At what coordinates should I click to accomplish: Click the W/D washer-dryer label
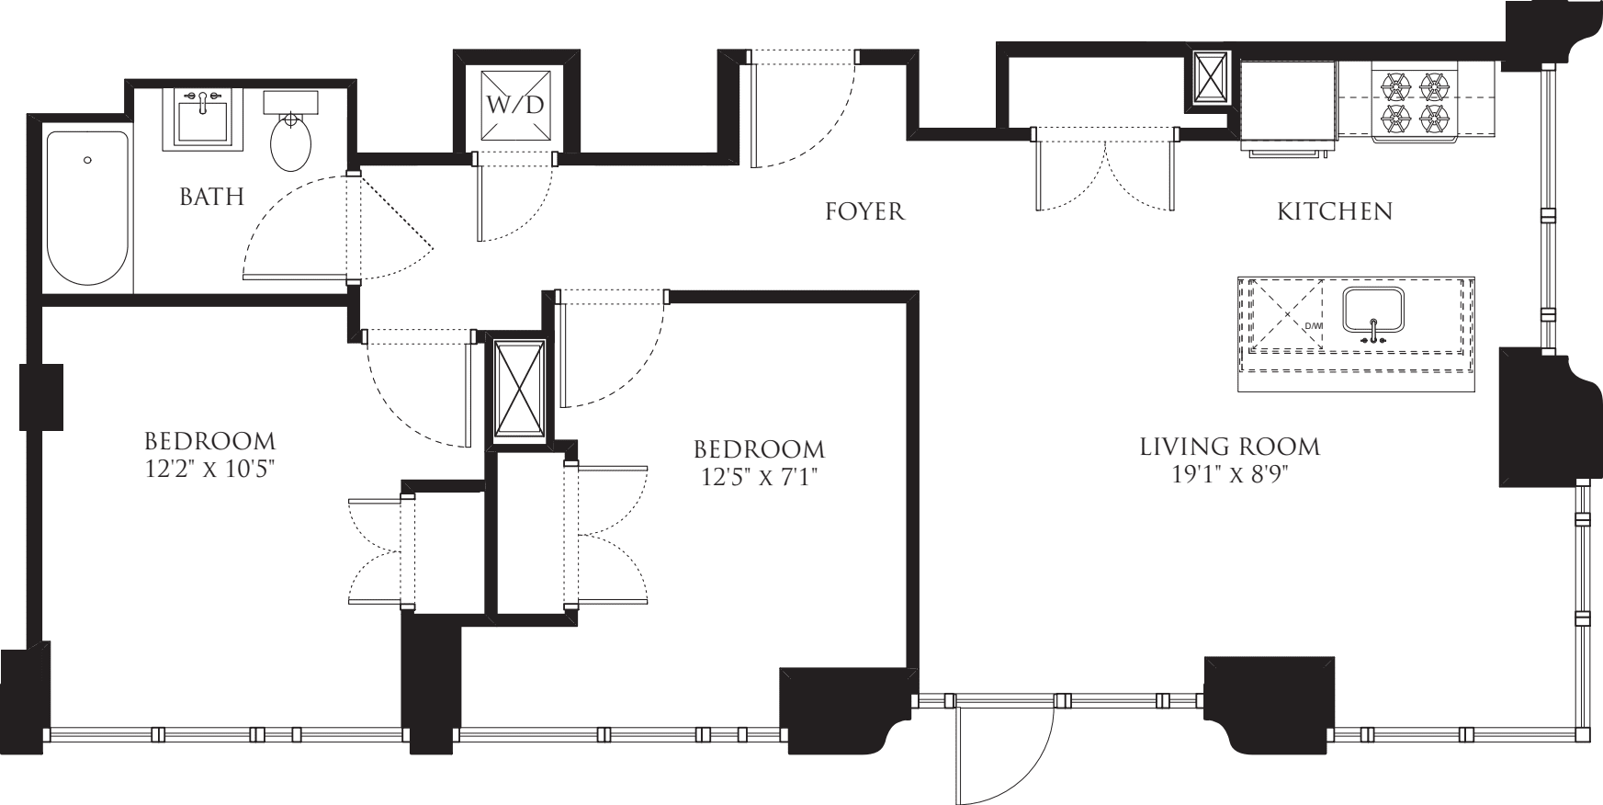click(515, 104)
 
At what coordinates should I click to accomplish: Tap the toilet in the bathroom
click(291, 138)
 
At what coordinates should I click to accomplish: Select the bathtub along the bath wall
click(88, 208)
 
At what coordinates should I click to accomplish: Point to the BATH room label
click(211, 197)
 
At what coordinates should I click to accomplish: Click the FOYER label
click(864, 212)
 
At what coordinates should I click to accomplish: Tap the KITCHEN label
click(1335, 212)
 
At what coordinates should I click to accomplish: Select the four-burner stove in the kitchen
click(1416, 102)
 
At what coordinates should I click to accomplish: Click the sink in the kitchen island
click(1373, 312)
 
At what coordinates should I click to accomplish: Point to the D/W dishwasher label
click(1314, 326)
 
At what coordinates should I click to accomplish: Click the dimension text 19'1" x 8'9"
click(1229, 474)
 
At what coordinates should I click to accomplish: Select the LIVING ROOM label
click(1229, 448)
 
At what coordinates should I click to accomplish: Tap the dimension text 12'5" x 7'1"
click(759, 477)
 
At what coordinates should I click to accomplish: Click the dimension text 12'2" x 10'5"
click(211, 468)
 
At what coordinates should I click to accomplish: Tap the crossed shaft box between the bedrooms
click(520, 390)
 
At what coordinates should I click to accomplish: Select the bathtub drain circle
click(87, 160)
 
